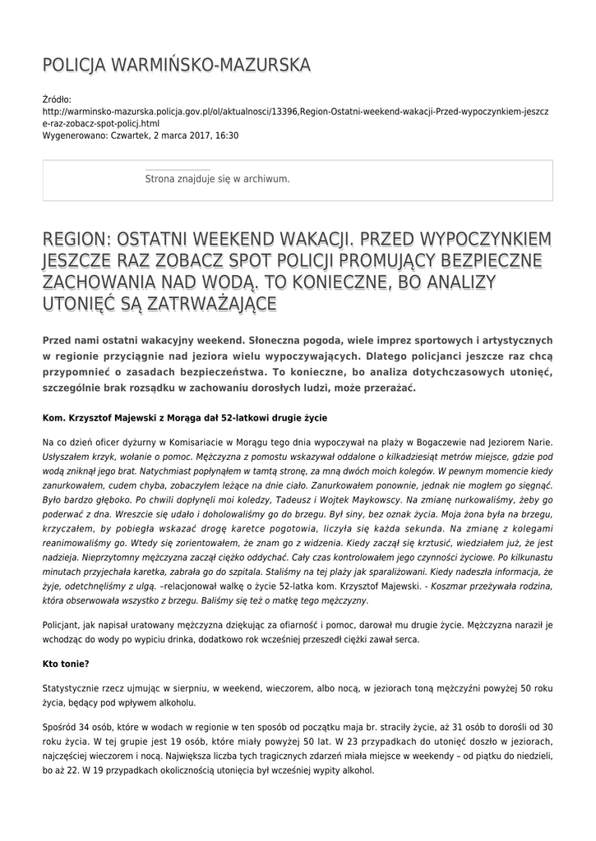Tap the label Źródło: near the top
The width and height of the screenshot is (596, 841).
pyautogui.click(x=57, y=99)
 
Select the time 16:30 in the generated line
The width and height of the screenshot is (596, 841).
pyautogui.click(x=226, y=136)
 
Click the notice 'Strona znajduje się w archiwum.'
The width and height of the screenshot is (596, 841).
pyautogui.click(x=217, y=178)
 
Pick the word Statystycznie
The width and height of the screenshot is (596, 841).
pyautogui.click(x=73, y=686)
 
